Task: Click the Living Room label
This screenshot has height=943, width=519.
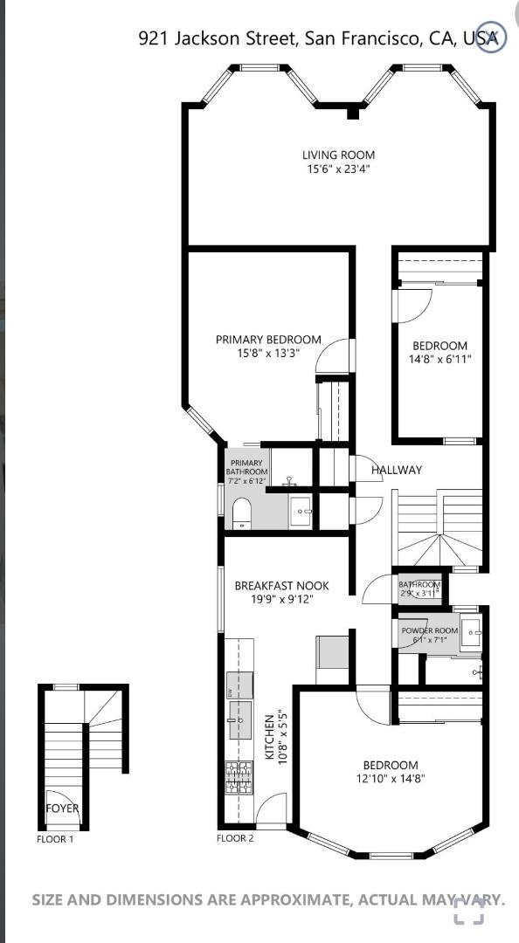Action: click(338, 155)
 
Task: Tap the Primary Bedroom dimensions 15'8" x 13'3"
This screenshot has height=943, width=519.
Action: click(268, 354)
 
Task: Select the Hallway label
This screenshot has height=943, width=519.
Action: click(396, 471)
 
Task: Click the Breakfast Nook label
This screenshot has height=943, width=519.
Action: click(281, 585)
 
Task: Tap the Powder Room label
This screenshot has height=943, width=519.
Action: click(430, 631)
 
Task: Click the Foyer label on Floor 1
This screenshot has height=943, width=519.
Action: click(63, 809)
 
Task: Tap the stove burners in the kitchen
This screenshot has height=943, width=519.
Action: click(239, 778)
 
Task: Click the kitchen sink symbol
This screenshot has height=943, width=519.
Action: click(239, 719)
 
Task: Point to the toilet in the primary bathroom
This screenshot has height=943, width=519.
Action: click(242, 513)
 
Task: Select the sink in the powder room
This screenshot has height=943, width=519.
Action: click(472, 633)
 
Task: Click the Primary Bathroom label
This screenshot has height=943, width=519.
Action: click(246, 467)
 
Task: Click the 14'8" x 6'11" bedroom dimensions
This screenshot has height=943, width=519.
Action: click(439, 360)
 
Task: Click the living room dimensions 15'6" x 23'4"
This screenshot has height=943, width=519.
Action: click(338, 169)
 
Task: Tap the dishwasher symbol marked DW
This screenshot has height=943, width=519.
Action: click(239, 686)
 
